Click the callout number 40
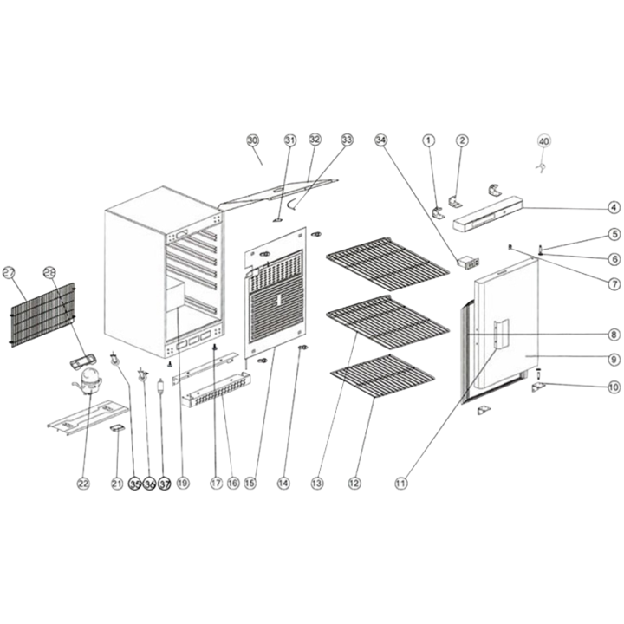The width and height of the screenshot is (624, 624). coord(544,140)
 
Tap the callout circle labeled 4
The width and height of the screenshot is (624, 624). coord(613,207)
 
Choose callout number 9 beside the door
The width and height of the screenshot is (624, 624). coord(613,359)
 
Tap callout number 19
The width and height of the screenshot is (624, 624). coord(183,483)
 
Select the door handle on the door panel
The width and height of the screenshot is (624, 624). coord(497,334)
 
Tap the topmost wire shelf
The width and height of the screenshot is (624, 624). coord(388,261)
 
